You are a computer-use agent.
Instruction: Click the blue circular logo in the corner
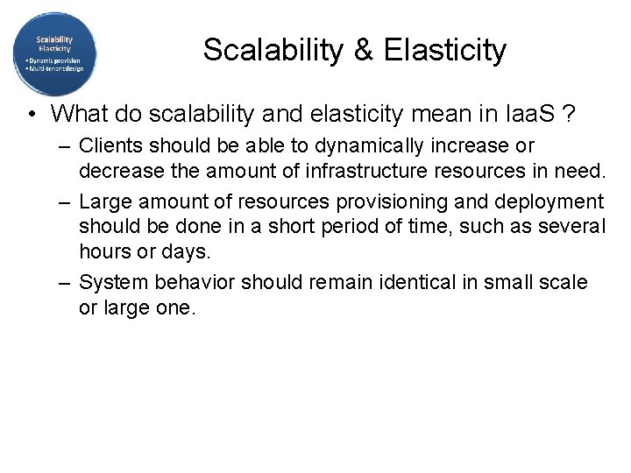coord(54,53)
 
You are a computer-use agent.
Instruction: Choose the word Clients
coord(109,145)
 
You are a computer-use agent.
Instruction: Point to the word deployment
coord(550,201)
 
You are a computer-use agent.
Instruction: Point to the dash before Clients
coord(66,145)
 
